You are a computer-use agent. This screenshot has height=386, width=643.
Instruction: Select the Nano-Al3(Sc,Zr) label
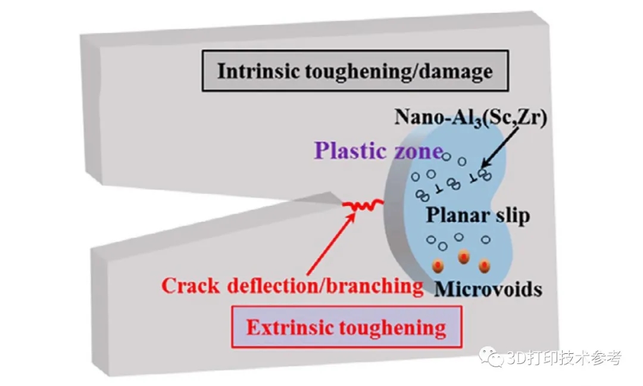[470, 117]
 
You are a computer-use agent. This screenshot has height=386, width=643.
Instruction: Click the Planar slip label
[477, 215]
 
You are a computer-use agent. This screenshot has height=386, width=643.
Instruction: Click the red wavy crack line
[364, 206]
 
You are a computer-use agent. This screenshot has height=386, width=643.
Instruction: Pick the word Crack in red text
[191, 286]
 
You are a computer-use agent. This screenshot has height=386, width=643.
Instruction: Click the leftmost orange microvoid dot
[439, 265]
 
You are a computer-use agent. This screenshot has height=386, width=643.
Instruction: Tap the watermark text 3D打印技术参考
[564, 359]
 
